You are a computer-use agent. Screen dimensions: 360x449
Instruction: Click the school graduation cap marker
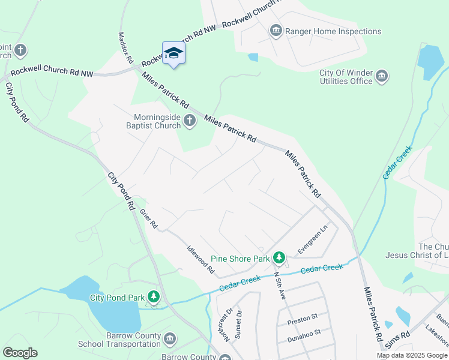coord(173,53)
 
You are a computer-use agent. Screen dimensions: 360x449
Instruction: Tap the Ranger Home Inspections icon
coord(276,31)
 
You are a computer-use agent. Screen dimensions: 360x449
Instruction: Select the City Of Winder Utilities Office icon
coord(382,76)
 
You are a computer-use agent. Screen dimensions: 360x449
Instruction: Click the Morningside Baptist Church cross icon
coord(190,121)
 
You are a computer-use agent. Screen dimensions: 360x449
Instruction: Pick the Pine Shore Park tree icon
coord(279,258)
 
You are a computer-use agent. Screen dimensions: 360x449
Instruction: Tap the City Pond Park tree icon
coord(154,297)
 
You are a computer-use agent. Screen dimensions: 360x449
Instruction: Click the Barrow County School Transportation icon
coord(170,340)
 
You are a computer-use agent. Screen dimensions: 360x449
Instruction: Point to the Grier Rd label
coord(148,218)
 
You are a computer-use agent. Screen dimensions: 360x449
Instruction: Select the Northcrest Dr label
coord(226,325)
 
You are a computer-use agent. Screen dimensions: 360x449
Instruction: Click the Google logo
coord(20,353)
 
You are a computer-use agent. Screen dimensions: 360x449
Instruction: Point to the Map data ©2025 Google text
coord(411,355)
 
